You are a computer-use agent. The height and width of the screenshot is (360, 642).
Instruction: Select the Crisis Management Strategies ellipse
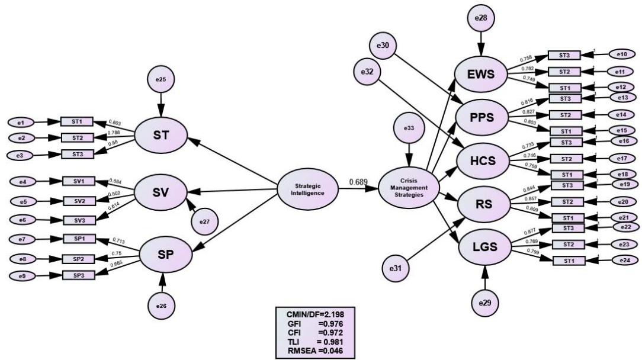coord(409,189)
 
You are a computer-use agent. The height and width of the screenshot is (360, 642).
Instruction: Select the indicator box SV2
coord(80,200)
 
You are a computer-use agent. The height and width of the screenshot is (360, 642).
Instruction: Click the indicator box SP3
coord(79,275)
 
